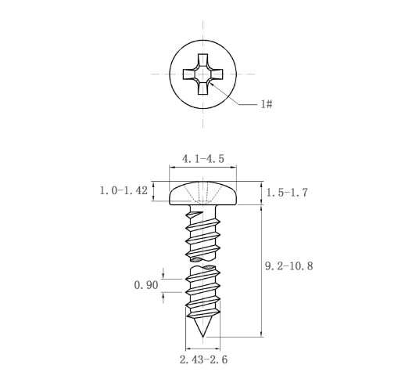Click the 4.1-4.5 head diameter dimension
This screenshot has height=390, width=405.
coord(203,159)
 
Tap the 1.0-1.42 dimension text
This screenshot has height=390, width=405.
coord(124,190)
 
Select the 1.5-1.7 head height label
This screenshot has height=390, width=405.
coord(287,193)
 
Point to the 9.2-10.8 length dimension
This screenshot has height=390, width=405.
coord(289,266)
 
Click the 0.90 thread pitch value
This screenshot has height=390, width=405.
coord(146,285)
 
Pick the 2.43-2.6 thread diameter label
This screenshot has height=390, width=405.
coord(203,359)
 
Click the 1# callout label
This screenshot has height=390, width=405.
coord(267,104)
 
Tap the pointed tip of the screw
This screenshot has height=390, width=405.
coord(202,336)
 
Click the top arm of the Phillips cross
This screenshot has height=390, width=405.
coord(202,60)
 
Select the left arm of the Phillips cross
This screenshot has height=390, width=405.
coord(189,74)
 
